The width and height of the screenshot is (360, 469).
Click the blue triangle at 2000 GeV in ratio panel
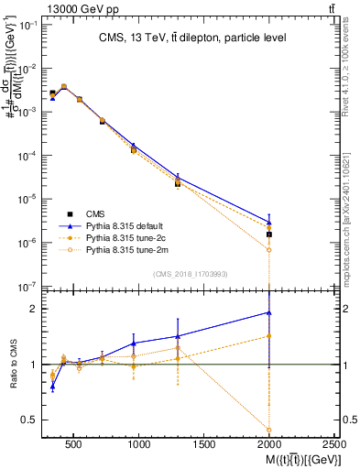[x=269, y=312]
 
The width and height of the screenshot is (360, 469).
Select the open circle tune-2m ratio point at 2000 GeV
[x=269, y=429]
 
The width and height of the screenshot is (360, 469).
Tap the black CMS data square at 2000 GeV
[x=269, y=234]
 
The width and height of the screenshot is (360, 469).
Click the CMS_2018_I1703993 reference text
[x=191, y=273]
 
